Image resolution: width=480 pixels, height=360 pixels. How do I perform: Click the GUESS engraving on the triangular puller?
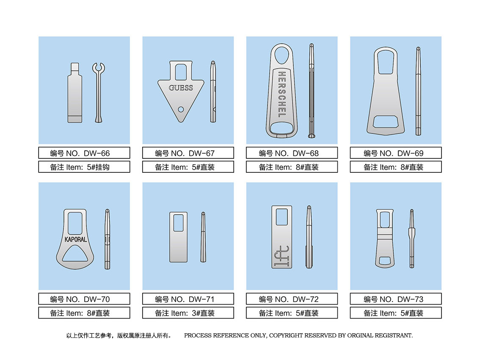181,88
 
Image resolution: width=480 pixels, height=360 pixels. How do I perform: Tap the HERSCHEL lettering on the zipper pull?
282,94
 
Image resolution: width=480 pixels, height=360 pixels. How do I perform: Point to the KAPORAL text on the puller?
76,239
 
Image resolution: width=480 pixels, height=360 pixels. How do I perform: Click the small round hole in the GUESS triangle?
181,109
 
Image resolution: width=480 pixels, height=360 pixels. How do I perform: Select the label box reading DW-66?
84,153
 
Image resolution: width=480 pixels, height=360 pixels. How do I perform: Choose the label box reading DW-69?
396,153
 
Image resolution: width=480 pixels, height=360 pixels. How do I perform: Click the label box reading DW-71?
188,299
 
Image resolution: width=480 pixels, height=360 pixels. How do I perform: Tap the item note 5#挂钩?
98,167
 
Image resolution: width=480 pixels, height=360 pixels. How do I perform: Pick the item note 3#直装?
203,313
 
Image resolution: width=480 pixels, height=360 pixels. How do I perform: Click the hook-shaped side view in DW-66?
98,92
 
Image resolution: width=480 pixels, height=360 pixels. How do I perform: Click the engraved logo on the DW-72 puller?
281,255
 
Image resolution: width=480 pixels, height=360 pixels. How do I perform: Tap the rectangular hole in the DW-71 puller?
179,223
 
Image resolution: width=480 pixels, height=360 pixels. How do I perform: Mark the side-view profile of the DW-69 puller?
418,91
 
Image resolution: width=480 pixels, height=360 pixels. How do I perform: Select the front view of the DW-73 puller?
385,239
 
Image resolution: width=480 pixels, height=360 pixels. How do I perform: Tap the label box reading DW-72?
292,299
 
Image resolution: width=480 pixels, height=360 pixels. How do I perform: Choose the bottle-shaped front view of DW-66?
74,93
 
